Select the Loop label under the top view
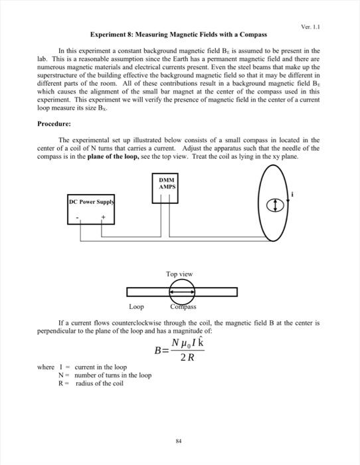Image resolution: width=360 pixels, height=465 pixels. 136,306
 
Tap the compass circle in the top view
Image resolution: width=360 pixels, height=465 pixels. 181,291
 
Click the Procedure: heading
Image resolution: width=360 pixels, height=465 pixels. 56,124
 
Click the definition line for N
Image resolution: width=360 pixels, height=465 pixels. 105,375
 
